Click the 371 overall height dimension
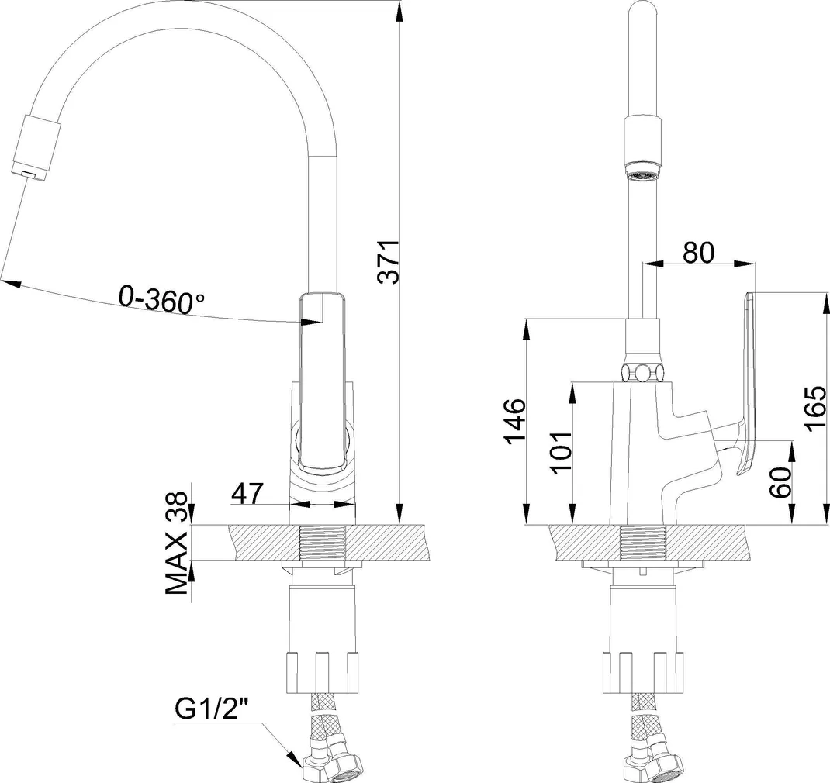pyautogui.click(x=392, y=261)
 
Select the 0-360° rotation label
pyautogui.click(x=161, y=299)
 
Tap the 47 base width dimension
pyautogui.click(x=247, y=493)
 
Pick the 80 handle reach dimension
pyautogui.click(x=697, y=252)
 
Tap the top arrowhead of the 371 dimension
pyautogui.click(x=399, y=9)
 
